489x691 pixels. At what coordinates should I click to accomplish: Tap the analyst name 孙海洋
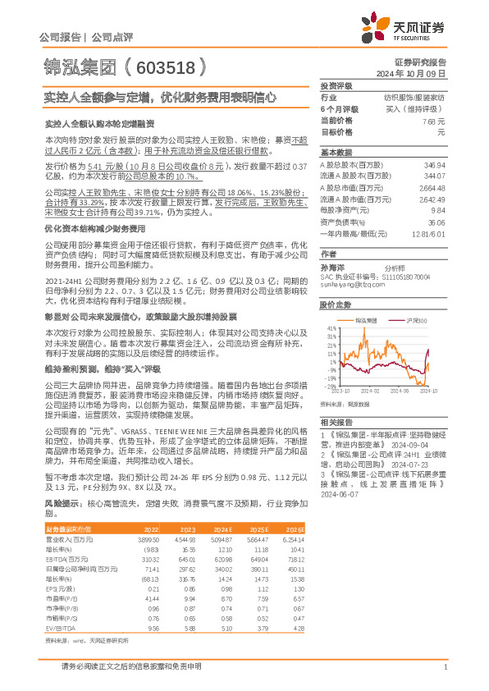pos(331,268)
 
